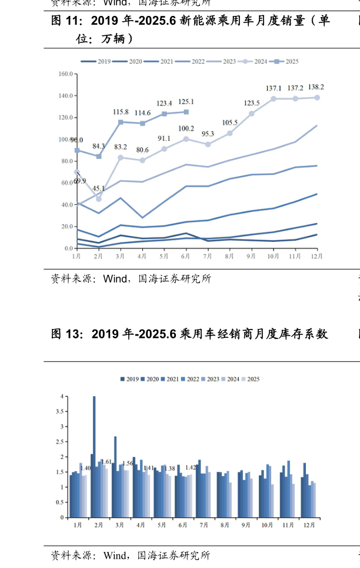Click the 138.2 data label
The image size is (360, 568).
316,87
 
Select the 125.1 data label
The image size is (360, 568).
186,101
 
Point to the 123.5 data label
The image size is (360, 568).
252,103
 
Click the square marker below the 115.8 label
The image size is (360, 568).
121,122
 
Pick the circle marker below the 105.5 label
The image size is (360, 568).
229,133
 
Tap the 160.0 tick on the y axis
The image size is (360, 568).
65,74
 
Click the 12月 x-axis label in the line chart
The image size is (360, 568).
317,256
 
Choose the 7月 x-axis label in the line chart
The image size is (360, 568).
208,256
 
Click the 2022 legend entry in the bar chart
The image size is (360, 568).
196,379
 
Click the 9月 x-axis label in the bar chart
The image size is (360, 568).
245,524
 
